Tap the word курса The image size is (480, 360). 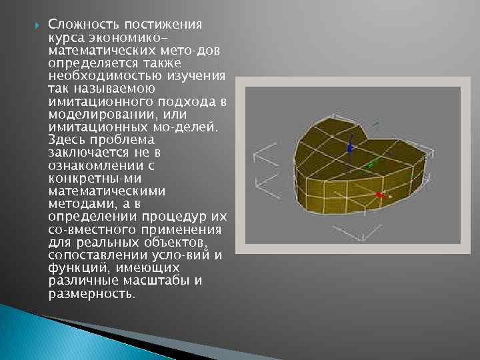pyautogui.click(x=66, y=38)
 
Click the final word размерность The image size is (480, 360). pyautogui.click(x=91, y=293)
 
